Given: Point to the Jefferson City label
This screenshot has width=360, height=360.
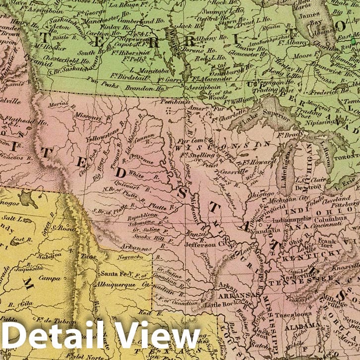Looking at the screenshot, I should [x=200, y=244].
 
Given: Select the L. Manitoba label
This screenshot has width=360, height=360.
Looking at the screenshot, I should [x=136, y=71].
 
